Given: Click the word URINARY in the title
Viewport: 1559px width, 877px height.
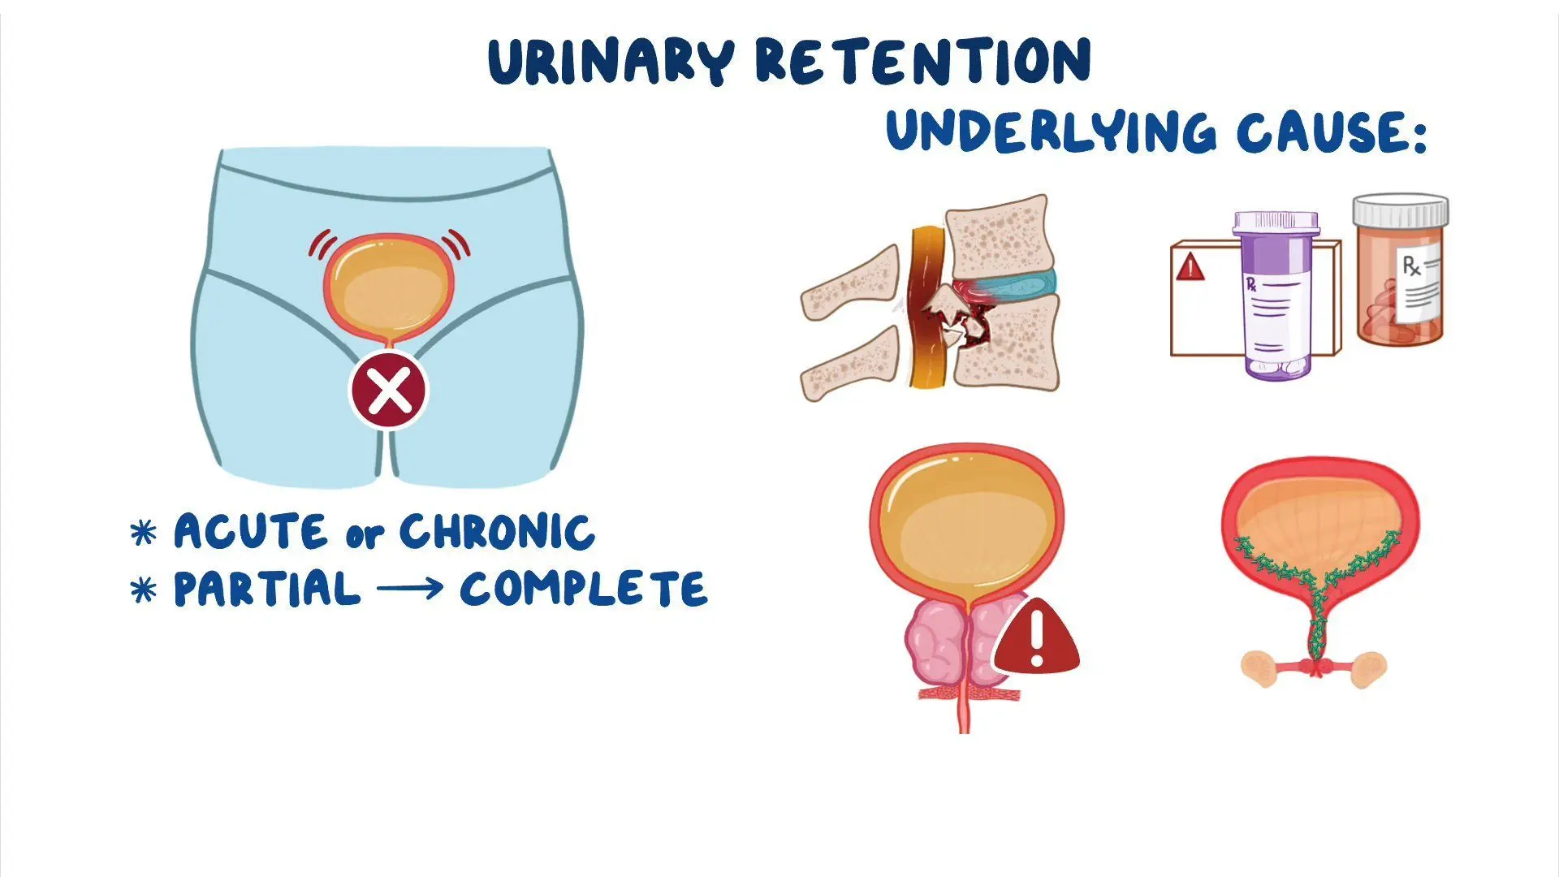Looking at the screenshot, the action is click(x=611, y=62).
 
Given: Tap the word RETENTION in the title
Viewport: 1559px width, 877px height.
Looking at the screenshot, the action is click(x=923, y=61).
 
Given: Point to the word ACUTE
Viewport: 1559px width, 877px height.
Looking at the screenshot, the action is click(x=251, y=532).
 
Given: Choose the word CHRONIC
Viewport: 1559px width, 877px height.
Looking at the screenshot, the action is click(x=497, y=532).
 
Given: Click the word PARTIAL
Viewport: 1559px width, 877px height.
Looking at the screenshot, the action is click(x=267, y=589).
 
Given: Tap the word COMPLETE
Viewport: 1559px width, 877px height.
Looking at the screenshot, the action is click(x=584, y=589).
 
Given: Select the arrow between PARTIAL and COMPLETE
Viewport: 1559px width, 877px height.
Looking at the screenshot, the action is click(x=411, y=589).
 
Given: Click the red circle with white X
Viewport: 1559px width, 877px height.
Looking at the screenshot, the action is click(x=389, y=391).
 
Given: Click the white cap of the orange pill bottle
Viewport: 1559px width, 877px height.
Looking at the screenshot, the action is click(x=1401, y=211).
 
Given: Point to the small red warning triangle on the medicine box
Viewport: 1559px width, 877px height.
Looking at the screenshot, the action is click(x=1190, y=266).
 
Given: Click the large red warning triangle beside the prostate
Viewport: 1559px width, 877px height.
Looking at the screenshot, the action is click(x=1036, y=639).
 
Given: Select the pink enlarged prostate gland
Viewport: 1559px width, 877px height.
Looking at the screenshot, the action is click(x=958, y=642).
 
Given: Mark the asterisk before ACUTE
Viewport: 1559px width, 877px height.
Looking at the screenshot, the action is click(x=144, y=533).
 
